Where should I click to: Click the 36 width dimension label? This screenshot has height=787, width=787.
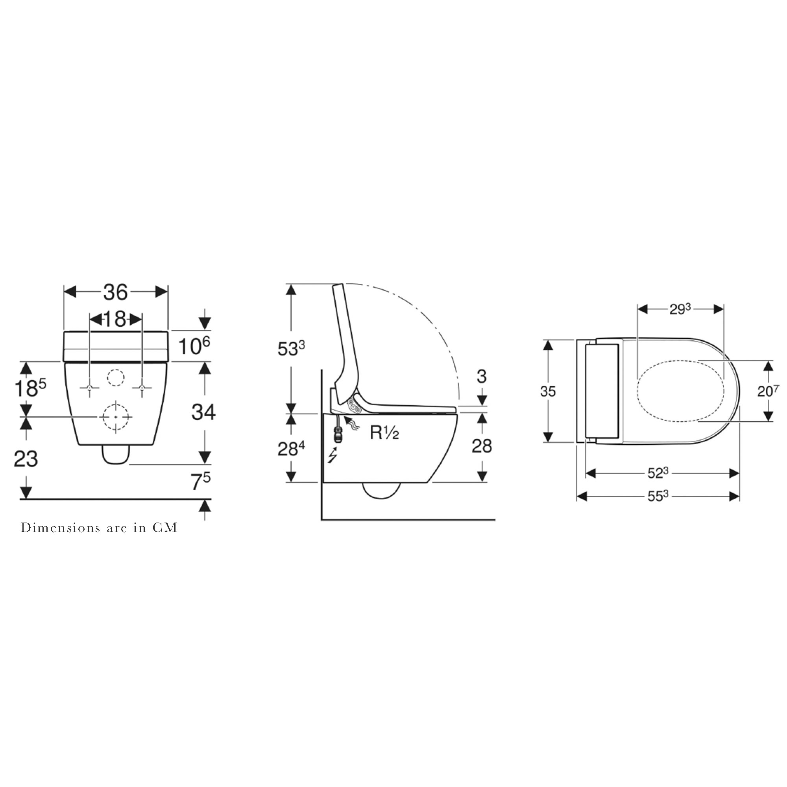click(x=115, y=292)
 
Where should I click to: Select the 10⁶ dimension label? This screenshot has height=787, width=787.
click(x=194, y=346)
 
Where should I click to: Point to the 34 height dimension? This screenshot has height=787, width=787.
click(x=204, y=412)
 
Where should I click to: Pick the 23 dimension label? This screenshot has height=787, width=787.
click(x=26, y=459)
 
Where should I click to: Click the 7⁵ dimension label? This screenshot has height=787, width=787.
click(x=200, y=482)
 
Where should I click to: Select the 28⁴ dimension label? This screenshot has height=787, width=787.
click(x=291, y=449)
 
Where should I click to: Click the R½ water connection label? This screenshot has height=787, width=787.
click(x=384, y=432)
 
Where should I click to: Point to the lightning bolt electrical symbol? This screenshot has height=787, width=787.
click(x=333, y=455)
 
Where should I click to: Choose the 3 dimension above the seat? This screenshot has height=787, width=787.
click(x=482, y=377)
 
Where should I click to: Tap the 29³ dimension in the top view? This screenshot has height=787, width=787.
click(x=680, y=309)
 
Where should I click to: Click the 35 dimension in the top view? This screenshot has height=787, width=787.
click(x=548, y=391)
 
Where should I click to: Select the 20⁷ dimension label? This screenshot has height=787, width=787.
click(x=768, y=391)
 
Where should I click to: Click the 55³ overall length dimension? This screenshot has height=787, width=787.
click(x=658, y=496)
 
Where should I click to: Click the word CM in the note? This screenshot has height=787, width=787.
click(x=165, y=528)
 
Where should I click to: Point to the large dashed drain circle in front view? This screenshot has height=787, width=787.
click(x=116, y=417)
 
